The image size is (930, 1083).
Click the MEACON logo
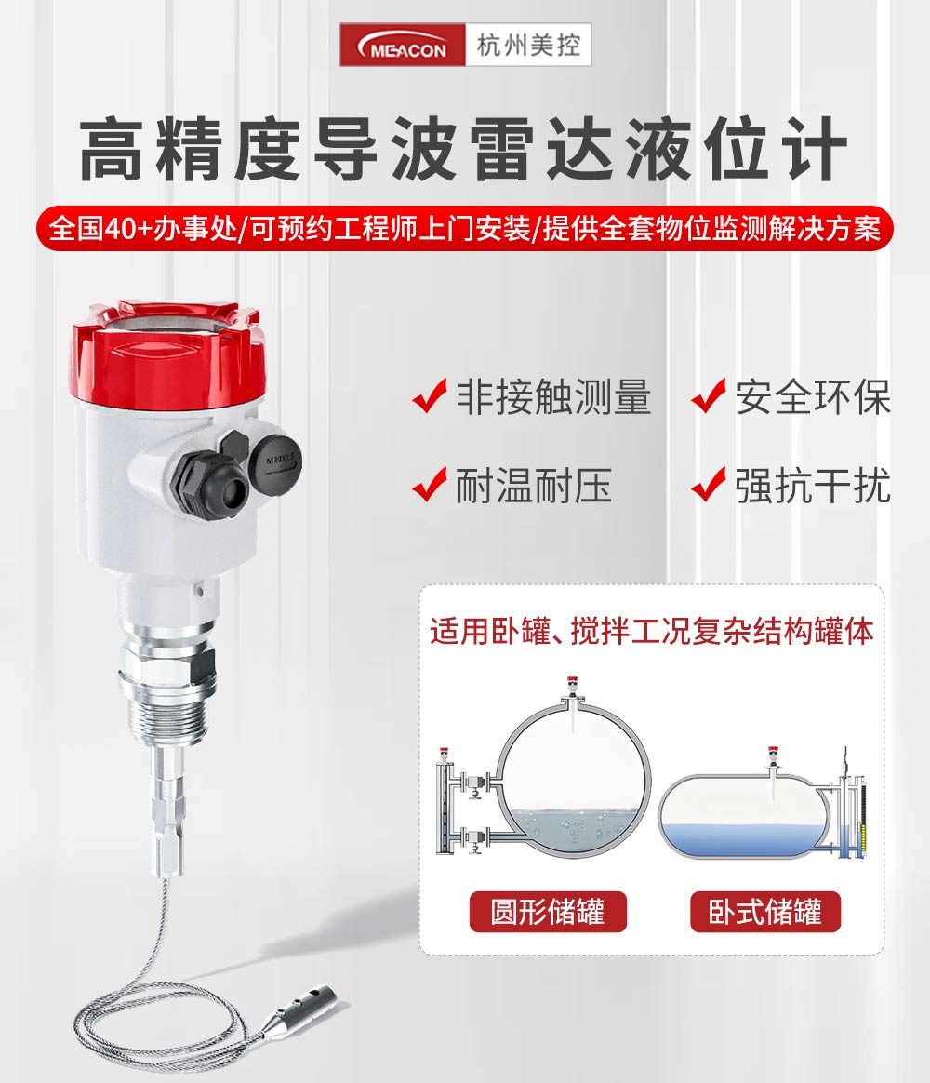(x=403, y=46)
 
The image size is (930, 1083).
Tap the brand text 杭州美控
(x=528, y=46)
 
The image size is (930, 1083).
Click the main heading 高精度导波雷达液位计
(x=463, y=149)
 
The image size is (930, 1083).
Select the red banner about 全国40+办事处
(x=465, y=228)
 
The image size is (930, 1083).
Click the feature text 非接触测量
(x=553, y=397)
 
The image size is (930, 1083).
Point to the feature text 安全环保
(x=813, y=397)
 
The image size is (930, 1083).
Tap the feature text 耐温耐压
(x=534, y=485)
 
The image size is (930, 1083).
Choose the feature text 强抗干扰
(x=813, y=485)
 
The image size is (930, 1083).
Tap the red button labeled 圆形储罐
(x=548, y=912)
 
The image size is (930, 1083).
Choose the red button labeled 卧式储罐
(x=765, y=912)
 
